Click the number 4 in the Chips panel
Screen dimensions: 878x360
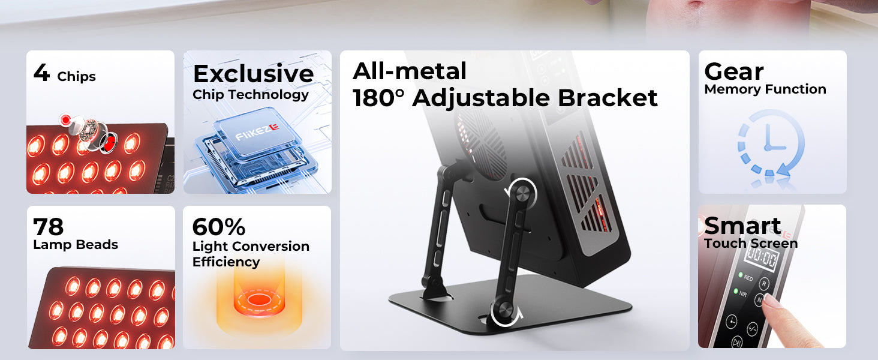[x=41, y=73]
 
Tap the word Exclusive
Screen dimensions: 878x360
[x=254, y=73]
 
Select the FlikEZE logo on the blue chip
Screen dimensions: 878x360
[x=257, y=131]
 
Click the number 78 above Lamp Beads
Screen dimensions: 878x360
[x=48, y=226]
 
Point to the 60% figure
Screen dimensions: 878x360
[x=219, y=227]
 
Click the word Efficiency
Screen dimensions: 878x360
[x=226, y=262]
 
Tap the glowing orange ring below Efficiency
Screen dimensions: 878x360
[x=259, y=301]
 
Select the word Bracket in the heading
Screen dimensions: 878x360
[x=608, y=98]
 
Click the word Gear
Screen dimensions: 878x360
[x=733, y=72]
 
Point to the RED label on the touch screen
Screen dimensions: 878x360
[x=748, y=278]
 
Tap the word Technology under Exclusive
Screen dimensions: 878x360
[x=269, y=95]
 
